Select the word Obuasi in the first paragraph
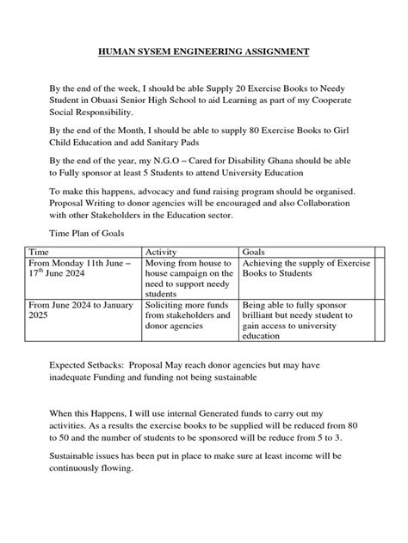coord(102,101)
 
